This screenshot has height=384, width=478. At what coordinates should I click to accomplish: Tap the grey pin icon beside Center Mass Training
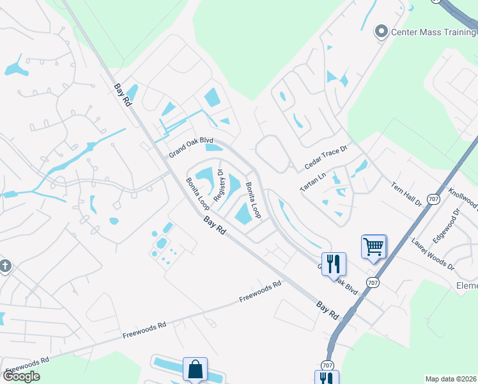(382, 31)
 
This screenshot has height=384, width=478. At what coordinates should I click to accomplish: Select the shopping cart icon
(373, 246)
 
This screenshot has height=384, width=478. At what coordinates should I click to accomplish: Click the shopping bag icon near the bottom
(195, 369)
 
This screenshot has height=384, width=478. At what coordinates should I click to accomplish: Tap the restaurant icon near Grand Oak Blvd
(333, 264)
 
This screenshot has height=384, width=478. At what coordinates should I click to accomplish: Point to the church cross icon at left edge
(4, 266)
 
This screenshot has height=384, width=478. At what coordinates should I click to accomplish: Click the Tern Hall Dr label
(406, 192)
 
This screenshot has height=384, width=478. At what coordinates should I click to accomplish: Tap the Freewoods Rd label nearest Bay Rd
(260, 292)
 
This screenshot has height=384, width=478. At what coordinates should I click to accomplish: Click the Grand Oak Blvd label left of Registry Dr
(190, 147)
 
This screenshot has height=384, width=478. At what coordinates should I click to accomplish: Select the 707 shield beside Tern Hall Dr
(433, 199)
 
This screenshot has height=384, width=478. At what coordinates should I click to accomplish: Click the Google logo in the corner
(21, 376)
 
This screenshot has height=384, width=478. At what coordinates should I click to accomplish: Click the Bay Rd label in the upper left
(123, 94)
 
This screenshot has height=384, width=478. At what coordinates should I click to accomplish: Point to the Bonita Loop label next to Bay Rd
(197, 194)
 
